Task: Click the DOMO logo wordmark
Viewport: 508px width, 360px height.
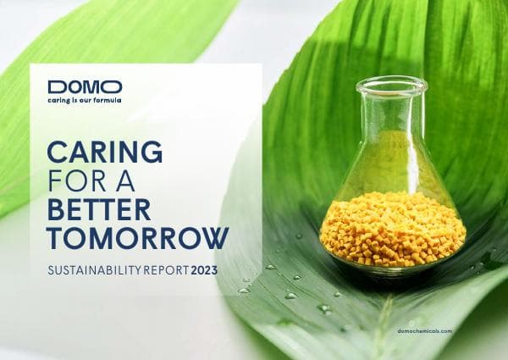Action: pos(85,86)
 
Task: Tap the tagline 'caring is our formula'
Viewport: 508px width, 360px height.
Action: pos(85,99)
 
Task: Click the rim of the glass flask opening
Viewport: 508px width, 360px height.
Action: pos(391,84)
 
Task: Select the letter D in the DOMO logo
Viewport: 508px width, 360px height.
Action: pos(56,86)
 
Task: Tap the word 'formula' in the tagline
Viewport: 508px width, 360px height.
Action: pos(108,99)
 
